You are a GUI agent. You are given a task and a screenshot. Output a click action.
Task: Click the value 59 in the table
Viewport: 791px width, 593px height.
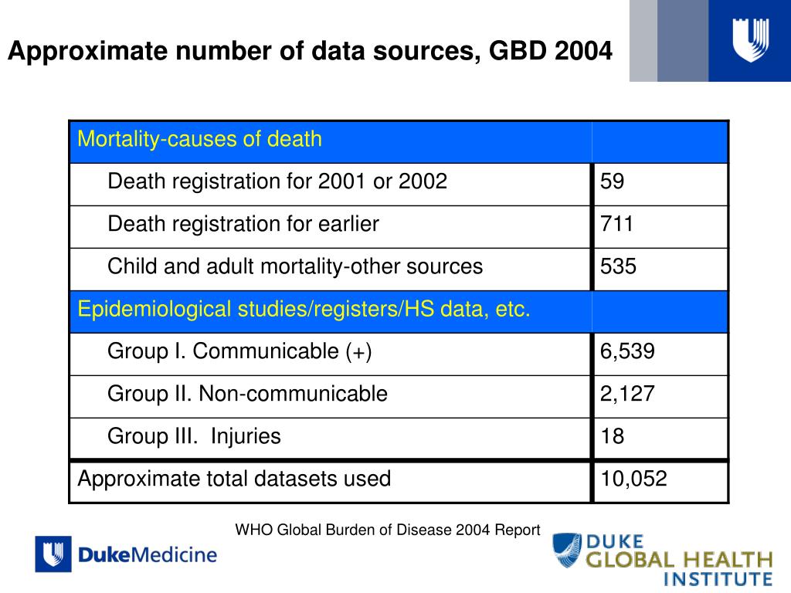(613, 182)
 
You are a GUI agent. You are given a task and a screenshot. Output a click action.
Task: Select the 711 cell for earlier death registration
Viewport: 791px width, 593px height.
(616, 225)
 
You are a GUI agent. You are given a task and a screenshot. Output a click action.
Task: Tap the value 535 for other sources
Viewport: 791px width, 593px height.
(619, 267)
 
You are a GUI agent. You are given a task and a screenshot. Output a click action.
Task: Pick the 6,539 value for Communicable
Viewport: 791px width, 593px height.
(627, 352)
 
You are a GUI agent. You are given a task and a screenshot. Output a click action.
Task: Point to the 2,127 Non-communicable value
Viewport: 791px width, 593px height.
(627, 395)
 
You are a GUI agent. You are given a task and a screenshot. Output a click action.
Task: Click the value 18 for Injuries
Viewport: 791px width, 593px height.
(613, 437)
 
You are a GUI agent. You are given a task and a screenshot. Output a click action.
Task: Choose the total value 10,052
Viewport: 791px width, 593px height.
(633, 479)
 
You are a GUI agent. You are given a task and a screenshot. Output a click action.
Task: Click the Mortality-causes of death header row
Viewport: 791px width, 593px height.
(199, 140)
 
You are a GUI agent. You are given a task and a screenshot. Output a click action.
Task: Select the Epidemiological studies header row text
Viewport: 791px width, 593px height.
(304, 310)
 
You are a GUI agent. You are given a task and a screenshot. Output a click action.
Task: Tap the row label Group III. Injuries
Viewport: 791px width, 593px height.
(194, 437)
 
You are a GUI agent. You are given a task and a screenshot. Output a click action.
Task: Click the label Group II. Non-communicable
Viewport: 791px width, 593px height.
(247, 395)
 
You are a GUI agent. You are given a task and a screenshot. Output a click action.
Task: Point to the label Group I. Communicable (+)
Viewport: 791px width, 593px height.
(239, 352)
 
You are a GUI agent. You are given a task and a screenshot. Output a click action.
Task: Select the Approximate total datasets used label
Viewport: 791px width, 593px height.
(234, 479)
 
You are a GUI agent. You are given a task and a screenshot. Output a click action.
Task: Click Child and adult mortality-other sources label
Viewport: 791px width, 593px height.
(295, 267)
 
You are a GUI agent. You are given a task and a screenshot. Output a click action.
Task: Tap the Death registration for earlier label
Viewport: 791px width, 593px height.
(243, 225)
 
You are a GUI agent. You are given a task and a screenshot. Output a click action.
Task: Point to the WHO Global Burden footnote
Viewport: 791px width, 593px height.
(388, 530)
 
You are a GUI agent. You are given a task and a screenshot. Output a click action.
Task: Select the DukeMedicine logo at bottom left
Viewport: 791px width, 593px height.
(126, 554)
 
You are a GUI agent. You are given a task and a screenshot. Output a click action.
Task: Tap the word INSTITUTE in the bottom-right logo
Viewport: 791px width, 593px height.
(718, 578)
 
